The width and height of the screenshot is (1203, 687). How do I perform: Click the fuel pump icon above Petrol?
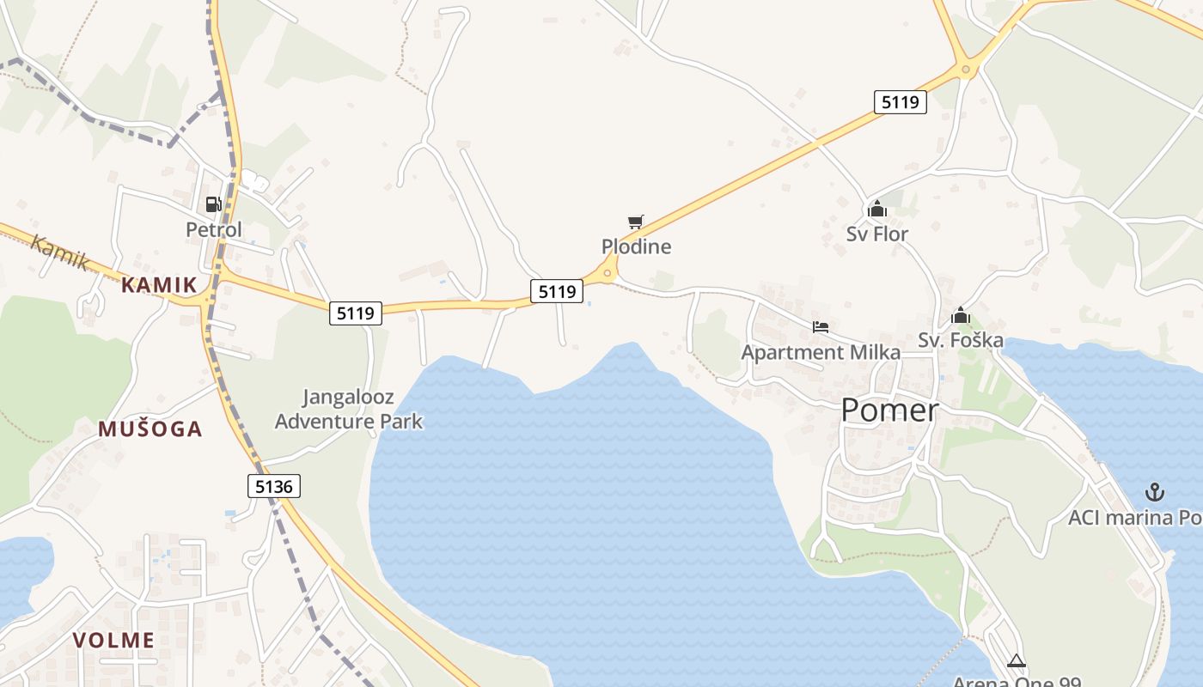click(213, 204)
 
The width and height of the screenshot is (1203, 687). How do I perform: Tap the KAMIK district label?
click(159, 285)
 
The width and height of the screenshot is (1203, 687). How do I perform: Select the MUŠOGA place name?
click(150, 429)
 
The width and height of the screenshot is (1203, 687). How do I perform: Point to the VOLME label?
click(113, 640)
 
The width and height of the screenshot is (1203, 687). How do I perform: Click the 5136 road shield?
click(275, 487)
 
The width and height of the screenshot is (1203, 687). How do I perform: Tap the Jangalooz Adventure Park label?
click(349, 410)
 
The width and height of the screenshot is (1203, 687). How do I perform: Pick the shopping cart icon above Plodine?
click(636, 222)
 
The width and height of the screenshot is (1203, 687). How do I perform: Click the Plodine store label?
click(636, 247)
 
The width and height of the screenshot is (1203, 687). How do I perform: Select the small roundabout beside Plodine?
click(608, 274)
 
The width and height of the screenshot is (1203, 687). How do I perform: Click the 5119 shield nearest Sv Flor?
click(900, 102)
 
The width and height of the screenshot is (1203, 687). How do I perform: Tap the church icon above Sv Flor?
click(877, 209)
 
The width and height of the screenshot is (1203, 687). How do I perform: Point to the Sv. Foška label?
click(961, 340)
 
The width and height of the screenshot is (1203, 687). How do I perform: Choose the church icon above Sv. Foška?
click(961, 316)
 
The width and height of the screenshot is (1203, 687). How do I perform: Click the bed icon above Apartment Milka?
click(821, 327)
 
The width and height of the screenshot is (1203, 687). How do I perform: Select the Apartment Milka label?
click(821, 352)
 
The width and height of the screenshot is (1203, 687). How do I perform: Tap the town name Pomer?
click(889, 410)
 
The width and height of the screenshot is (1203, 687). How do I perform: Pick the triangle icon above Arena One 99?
click(1017, 660)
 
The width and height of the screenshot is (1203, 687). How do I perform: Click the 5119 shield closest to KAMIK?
click(356, 313)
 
